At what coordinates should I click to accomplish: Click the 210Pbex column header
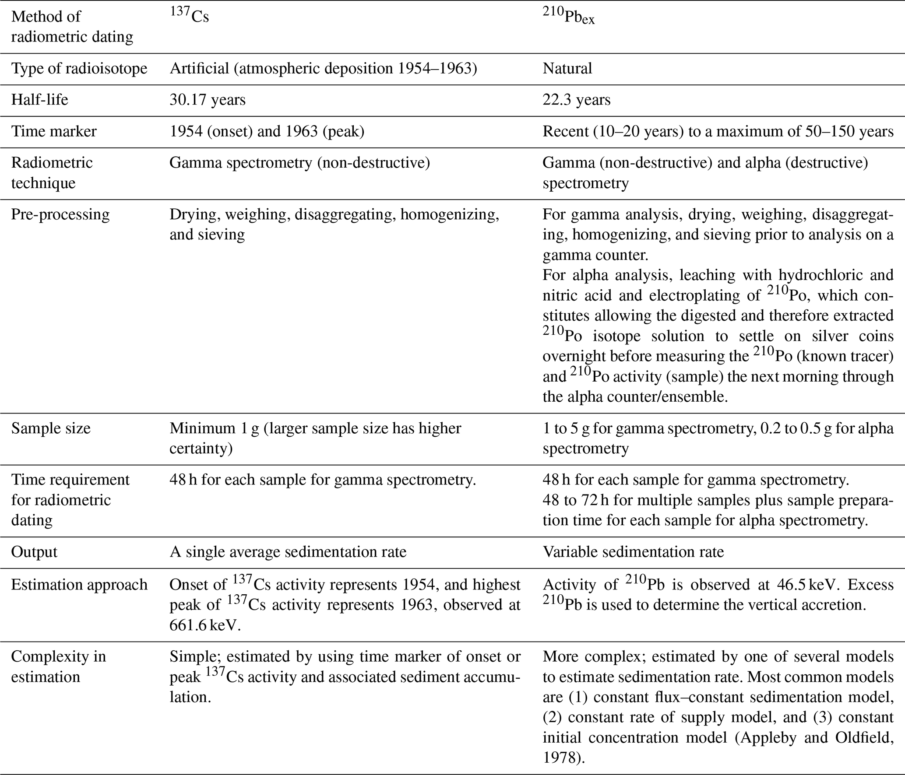click(x=568, y=16)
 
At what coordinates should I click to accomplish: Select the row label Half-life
click(x=39, y=100)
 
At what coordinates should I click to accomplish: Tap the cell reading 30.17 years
click(x=208, y=100)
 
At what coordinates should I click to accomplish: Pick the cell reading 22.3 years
click(x=576, y=100)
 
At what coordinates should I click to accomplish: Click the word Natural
click(x=567, y=68)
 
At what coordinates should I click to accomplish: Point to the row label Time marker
click(x=53, y=131)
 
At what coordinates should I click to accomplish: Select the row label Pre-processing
click(x=60, y=214)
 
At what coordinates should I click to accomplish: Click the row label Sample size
click(x=51, y=428)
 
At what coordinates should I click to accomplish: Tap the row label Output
click(x=34, y=552)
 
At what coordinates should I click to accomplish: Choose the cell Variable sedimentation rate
click(x=633, y=552)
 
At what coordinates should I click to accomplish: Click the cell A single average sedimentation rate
click(x=288, y=552)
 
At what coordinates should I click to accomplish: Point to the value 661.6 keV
click(x=205, y=625)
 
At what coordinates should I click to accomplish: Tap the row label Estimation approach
click(x=79, y=585)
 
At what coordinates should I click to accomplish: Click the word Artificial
click(x=199, y=68)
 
